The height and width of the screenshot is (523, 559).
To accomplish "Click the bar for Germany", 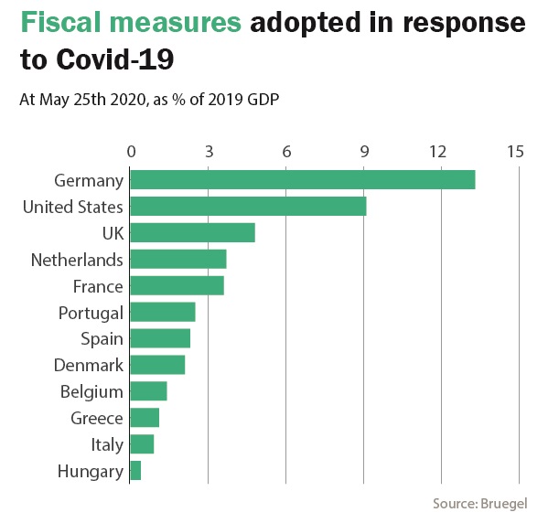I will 303,180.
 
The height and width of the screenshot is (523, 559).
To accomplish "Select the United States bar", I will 248,207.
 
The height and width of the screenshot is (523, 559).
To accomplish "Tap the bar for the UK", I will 192,233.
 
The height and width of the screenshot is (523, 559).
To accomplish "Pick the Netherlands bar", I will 178,260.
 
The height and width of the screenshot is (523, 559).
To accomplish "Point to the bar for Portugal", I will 163,313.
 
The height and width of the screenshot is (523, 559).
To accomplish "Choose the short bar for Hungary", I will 135,471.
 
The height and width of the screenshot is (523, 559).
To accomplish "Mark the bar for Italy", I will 142,444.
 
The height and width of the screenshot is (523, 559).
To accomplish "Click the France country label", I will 98,286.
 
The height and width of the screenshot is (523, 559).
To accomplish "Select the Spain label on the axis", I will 102,339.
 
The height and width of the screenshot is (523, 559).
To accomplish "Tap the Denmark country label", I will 89,366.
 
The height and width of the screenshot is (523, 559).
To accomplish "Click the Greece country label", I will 97,418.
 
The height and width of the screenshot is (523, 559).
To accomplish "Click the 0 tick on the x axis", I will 132,152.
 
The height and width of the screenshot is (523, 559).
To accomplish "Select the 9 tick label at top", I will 364,152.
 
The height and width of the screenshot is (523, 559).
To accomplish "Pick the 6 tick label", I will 286,152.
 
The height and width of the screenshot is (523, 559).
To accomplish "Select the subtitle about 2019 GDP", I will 149,99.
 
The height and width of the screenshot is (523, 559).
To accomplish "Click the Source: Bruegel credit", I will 480,504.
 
